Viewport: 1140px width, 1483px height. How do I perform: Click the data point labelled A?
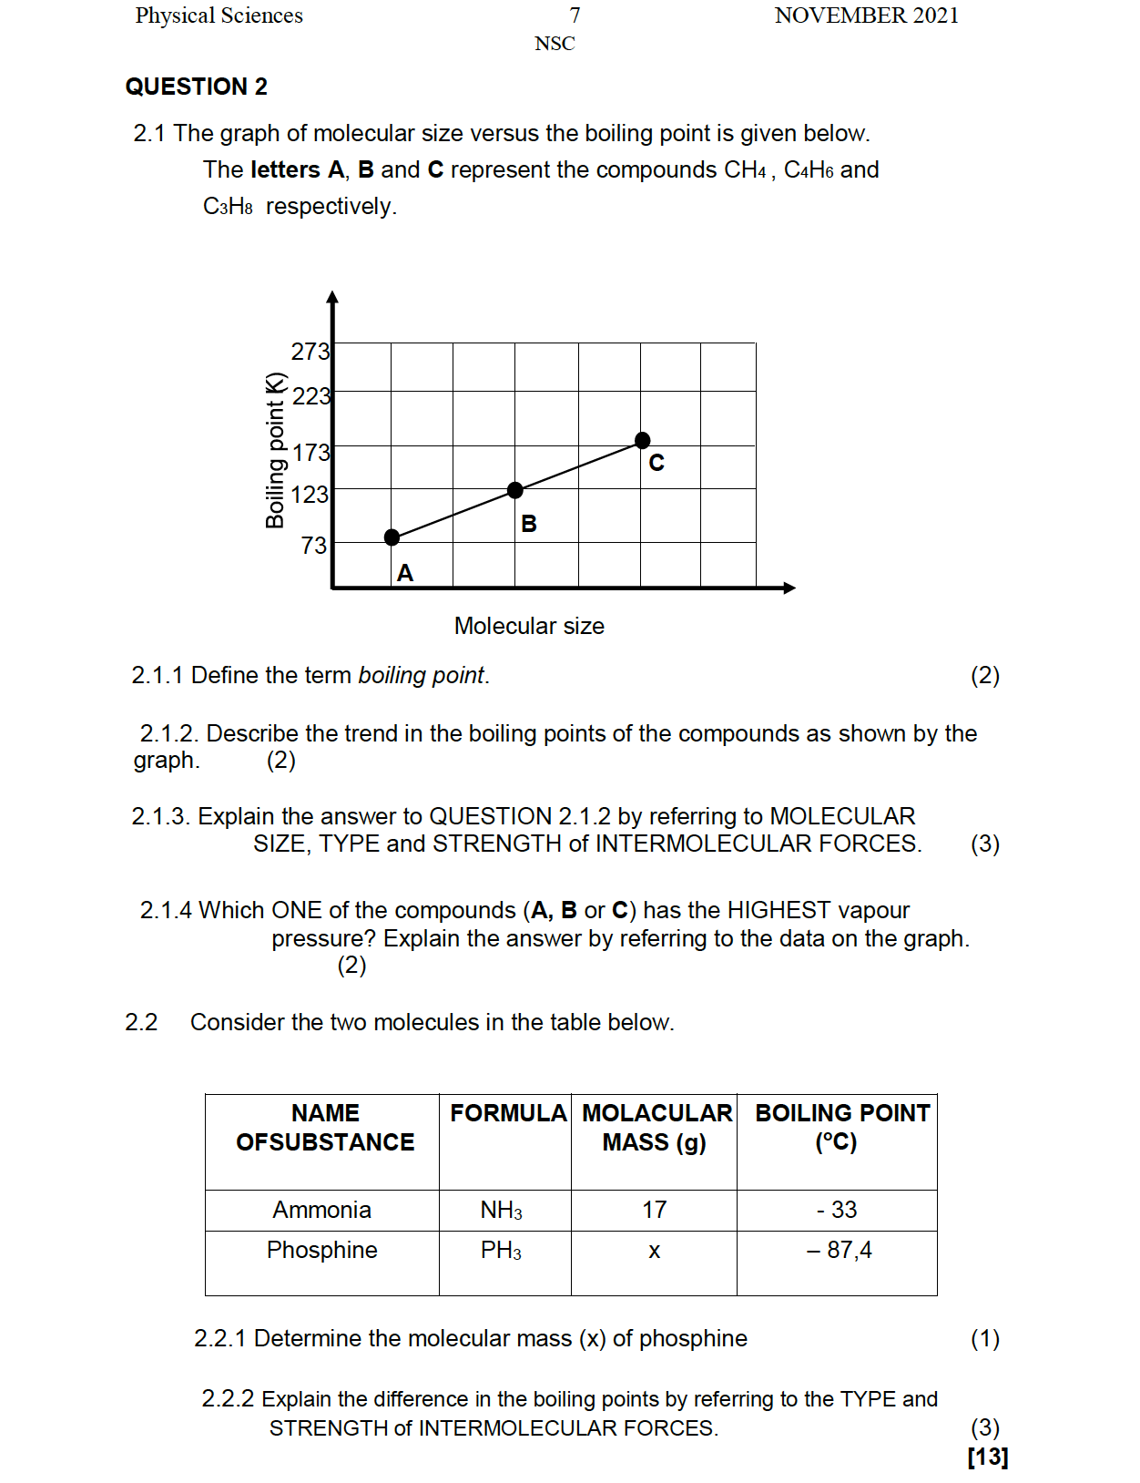pos(392,537)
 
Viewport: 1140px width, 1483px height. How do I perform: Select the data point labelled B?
pos(515,490)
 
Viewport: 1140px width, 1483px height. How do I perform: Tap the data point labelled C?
pos(643,441)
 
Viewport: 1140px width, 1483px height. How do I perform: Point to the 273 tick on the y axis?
pos(310,352)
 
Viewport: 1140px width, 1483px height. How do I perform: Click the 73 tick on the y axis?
pos(314,546)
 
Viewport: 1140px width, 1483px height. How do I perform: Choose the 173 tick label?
pos(310,453)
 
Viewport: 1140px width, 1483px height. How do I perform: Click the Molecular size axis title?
pos(529,626)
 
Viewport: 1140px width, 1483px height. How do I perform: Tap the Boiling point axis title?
pos(275,450)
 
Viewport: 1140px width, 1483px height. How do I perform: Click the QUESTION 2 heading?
pos(197,87)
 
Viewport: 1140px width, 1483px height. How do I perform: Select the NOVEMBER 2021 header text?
pos(866,15)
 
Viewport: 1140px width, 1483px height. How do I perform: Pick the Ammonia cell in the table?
pos(322,1210)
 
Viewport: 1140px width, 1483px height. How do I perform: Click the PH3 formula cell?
pos(501,1251)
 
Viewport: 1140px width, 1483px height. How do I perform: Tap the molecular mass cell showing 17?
pos(654,1210)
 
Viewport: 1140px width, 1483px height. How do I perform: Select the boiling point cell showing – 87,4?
pos(839,1251)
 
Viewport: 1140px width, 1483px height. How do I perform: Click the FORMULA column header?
pos(508,1113)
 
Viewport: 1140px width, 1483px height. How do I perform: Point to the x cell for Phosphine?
pos(654,1252)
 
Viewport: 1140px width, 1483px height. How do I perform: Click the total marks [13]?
pos(988,1457)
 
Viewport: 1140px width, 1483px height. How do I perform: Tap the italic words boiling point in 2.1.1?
pos(422,675)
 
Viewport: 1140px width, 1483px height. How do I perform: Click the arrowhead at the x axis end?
pos(789,588)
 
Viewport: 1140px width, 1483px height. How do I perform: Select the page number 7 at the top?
pos(575,15)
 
